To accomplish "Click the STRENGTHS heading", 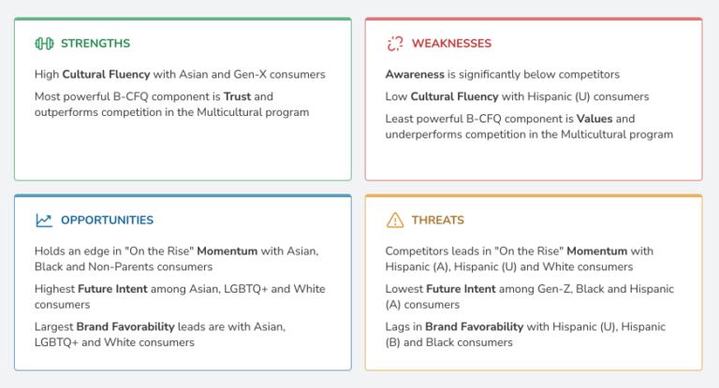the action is (95, 44).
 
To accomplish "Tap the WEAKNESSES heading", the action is (451, 44).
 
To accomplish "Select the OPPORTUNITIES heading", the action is (108, 221).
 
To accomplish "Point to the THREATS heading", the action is (438, 221).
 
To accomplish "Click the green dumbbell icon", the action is (45, 44).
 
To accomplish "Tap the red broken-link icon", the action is (395, 44).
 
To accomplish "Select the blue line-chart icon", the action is (44, 221).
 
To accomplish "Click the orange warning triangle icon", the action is (395, 220).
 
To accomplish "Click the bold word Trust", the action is (237, 96).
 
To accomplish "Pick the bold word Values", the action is (594, 119).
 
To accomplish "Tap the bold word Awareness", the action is (415, 74).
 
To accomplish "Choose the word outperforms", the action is (66, 113).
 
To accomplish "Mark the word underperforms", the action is (422, 135).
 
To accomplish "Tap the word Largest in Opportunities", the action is (53, 327).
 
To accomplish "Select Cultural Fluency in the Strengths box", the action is (106, 74).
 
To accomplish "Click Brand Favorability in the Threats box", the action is (474, 326).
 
